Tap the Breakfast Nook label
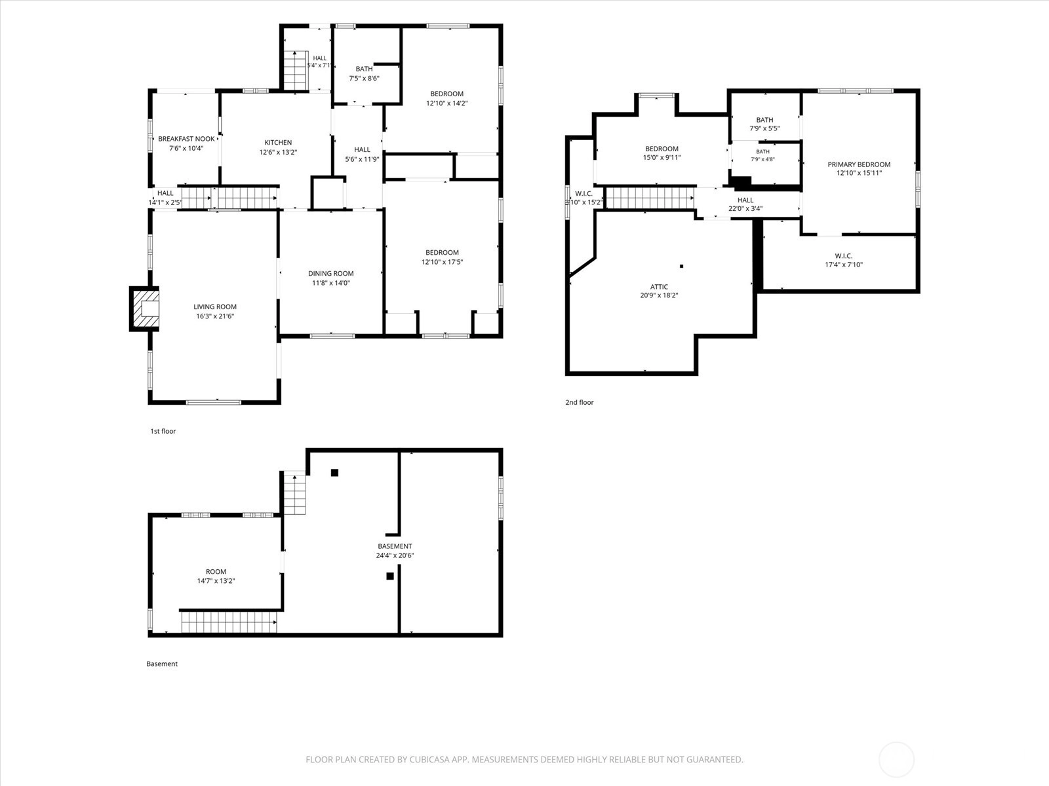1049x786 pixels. pos(186,139)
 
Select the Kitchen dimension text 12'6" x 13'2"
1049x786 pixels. pos(278,152)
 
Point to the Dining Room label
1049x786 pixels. pos(330,273)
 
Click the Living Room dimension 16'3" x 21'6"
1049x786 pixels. pos(215,316)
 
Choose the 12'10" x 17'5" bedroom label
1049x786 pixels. pos(442,257)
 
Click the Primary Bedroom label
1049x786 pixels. pos(859,164)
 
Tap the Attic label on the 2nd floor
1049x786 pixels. pos(659,287)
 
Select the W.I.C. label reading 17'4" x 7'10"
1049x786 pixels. pos(844,260)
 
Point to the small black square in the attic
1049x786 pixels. pos(681,267)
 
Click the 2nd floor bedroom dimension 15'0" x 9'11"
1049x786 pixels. pos(662,157)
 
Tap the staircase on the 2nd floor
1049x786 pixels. pos(650,198)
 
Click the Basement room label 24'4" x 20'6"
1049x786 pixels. pos(395,551)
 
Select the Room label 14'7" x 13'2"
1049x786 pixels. pos(216,576)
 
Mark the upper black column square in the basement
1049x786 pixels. pos(334,473)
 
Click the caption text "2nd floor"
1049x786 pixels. pos(579,402)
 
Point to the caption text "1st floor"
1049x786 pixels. pos(163,432)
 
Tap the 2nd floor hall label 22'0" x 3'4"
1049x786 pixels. pos(745,204)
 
